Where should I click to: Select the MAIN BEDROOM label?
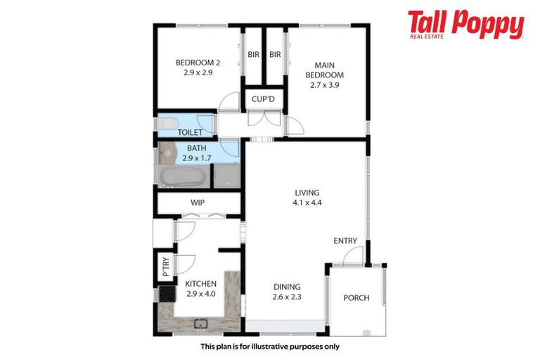pos(324,70)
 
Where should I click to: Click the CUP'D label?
pos(263,100)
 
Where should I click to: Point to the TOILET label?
pos(190,132)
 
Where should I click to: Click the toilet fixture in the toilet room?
pos(167,124)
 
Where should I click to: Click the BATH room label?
pos(197,148)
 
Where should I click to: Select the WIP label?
pos(198,203)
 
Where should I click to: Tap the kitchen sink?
pos(200,325)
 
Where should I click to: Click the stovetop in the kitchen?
pos(167,293)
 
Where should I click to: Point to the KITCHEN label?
pos(200,284)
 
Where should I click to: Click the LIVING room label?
pos(307,193)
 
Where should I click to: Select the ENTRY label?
pos(345,241)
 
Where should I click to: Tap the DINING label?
pos(286,287)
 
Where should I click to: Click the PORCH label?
pos(356,298)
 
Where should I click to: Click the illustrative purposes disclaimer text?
pos(269,347)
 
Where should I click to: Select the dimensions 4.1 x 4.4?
pos(307,202)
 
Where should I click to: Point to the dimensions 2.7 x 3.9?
pos(324,85)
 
